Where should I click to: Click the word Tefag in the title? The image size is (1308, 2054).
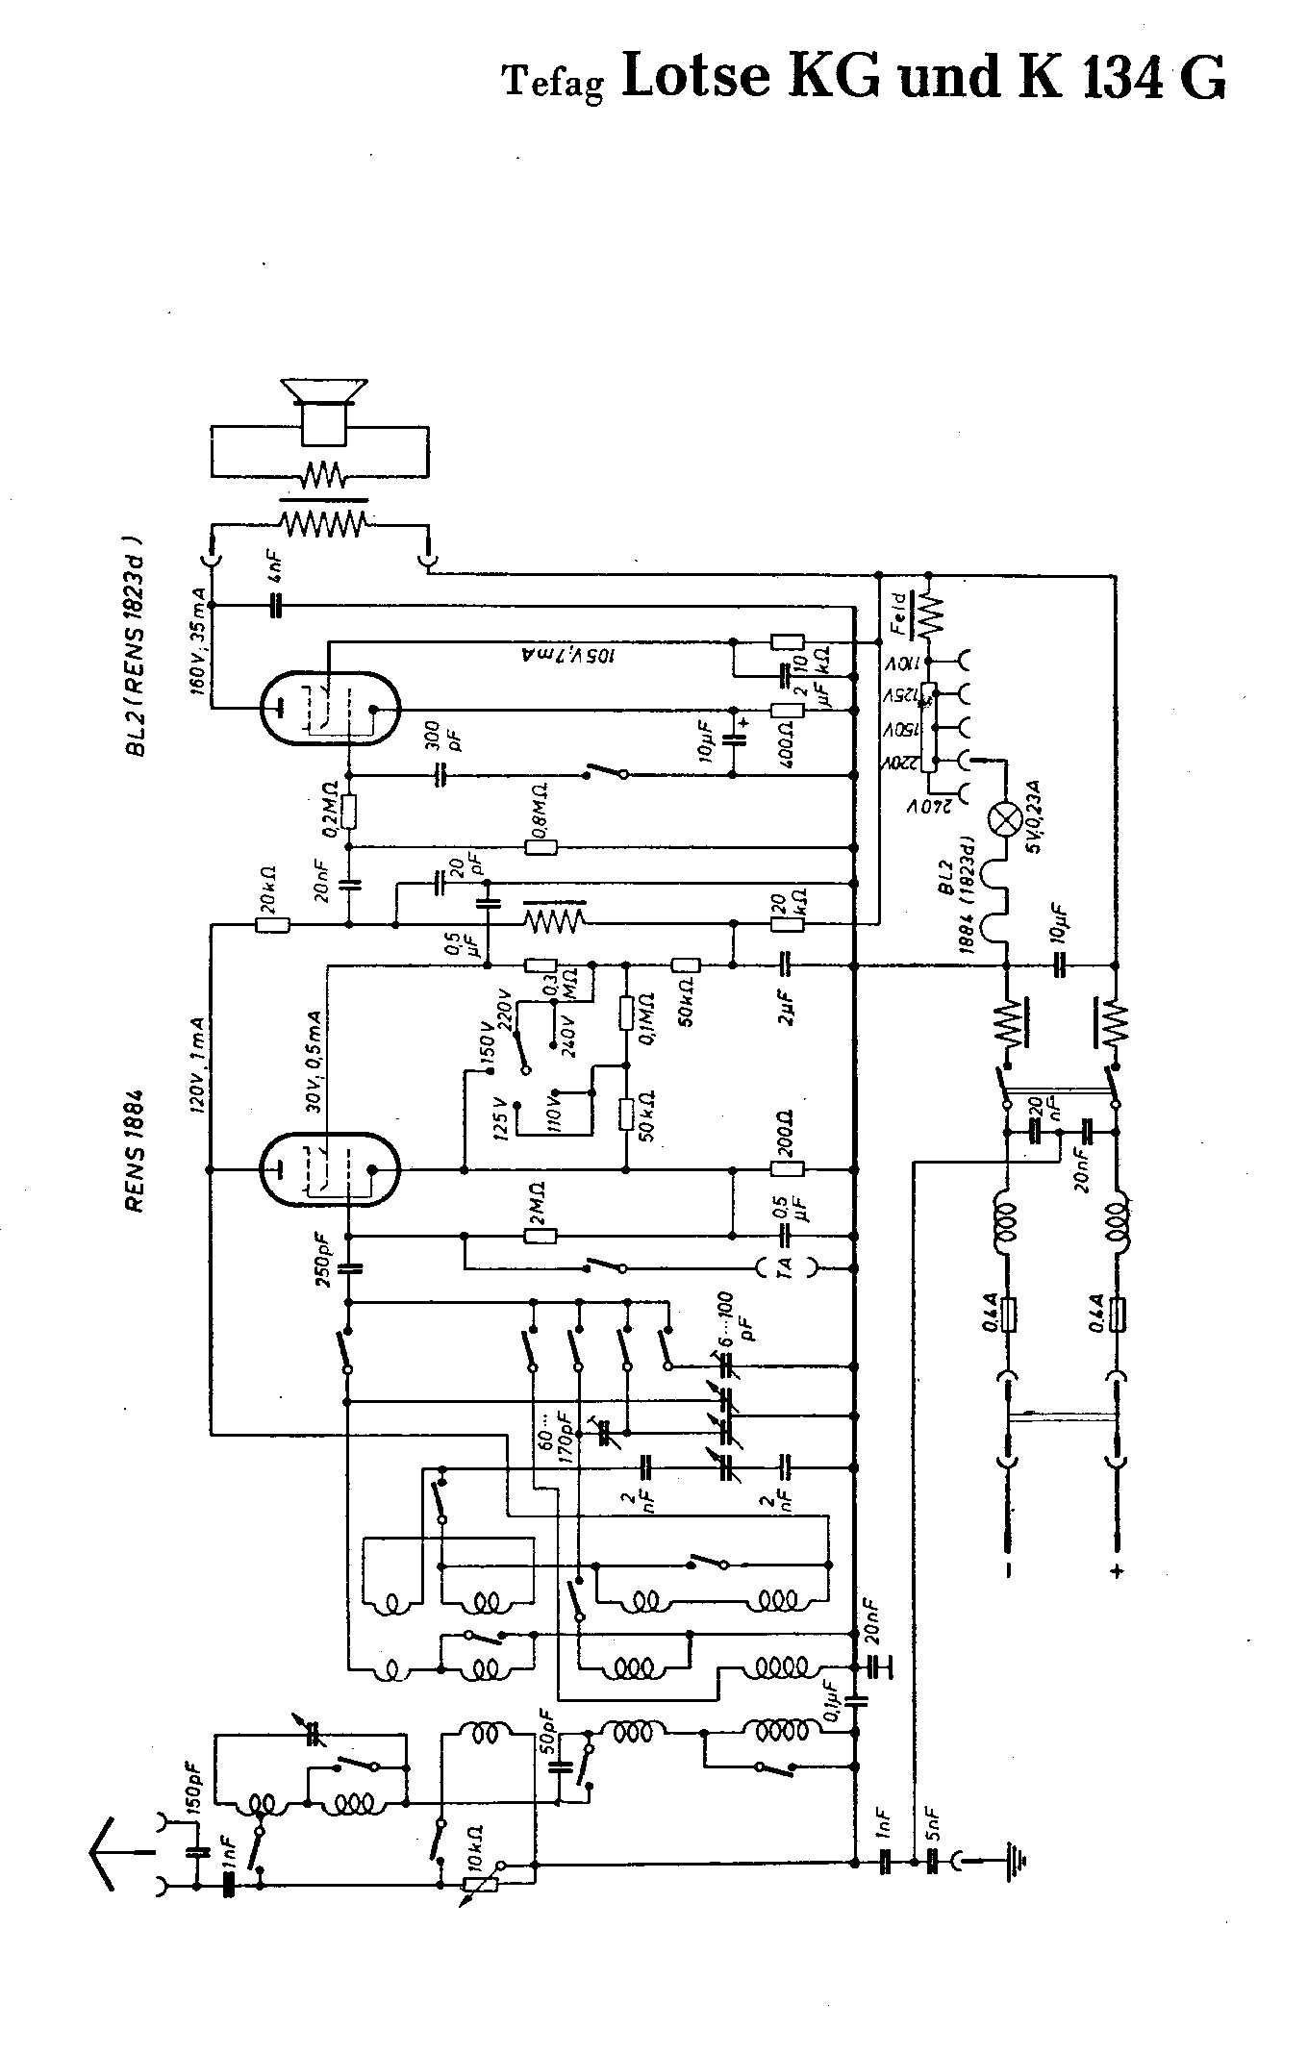pyautogui.click(x=554, y=84)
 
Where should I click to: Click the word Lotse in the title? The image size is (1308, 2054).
pyautogui.click(x=696, y=76)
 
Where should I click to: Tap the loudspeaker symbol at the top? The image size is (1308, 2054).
pyautogui.click(x=323, y=413)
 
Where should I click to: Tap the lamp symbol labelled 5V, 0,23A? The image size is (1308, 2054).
pyautogui.click(x=1006, y=819)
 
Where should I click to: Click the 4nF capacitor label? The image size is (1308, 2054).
pyautogui.click(x=276, y=575)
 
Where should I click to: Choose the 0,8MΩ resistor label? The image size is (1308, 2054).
pyautogui.click(x=540, y=814)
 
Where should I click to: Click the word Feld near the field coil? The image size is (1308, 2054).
pyautogui.click(x=897, y=614)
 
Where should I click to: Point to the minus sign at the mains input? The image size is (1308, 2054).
pyautogui.click(x=1007, y=1571)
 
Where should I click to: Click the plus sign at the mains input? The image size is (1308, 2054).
pyautogui.click(x=1117, y=1571)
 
